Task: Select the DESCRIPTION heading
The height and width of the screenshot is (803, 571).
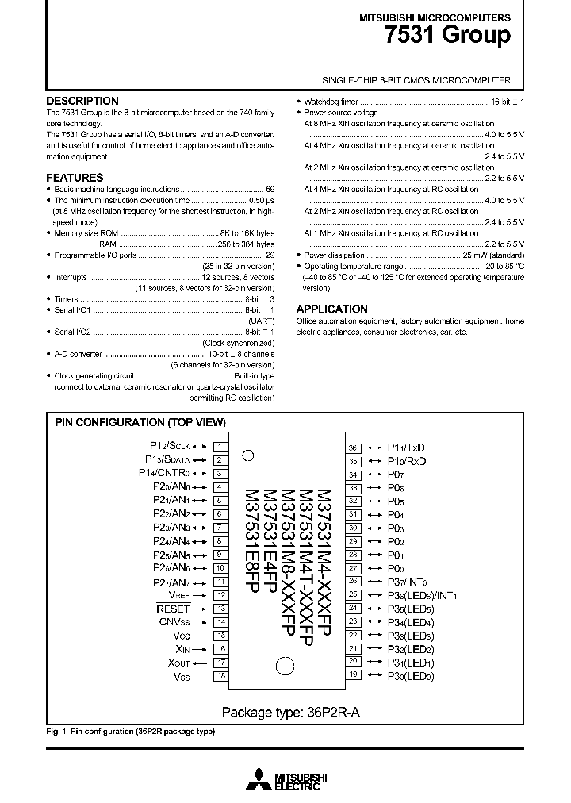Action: pos(82,101)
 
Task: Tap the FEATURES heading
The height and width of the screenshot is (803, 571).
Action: pos(75,178)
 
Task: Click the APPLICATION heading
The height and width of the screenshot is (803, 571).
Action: pos(331,309)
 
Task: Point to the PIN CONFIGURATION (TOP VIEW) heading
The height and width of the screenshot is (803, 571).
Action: pos(140,422)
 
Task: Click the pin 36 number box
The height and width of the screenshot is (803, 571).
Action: pos(354,448)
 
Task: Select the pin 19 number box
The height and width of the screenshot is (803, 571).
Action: pos(354,674)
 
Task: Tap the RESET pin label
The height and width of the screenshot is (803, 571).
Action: pos(174,609)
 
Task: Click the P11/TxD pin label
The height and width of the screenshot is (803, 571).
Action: pos(406,448)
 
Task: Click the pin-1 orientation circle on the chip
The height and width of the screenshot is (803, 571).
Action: pos(247,455)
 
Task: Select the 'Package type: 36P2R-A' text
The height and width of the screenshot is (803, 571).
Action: pos(290,711)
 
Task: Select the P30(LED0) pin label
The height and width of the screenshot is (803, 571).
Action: pos(410,675)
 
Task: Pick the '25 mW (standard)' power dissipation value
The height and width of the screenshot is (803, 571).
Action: pos(493,255)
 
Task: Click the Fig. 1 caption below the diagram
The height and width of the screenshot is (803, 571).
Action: pos(130,731)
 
